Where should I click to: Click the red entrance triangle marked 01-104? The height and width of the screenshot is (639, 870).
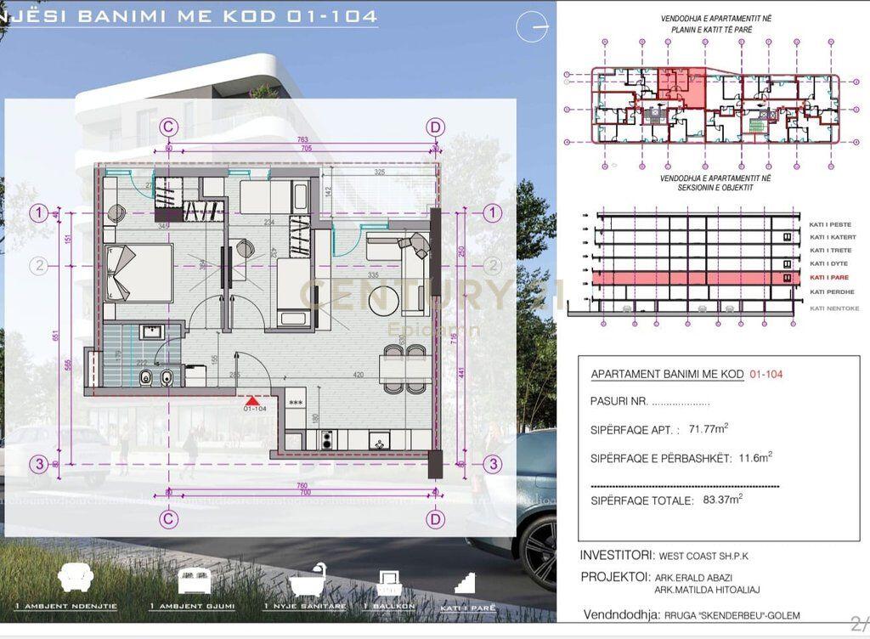(251, 399)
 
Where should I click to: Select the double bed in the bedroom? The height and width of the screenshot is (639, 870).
(138, 272)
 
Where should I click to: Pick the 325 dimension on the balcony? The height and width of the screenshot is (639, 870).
(379, 172)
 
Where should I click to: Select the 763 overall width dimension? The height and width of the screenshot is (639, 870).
(302, 139)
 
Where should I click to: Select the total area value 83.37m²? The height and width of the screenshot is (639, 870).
(722, 500)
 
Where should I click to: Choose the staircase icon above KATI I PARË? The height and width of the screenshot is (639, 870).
(466, 582)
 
